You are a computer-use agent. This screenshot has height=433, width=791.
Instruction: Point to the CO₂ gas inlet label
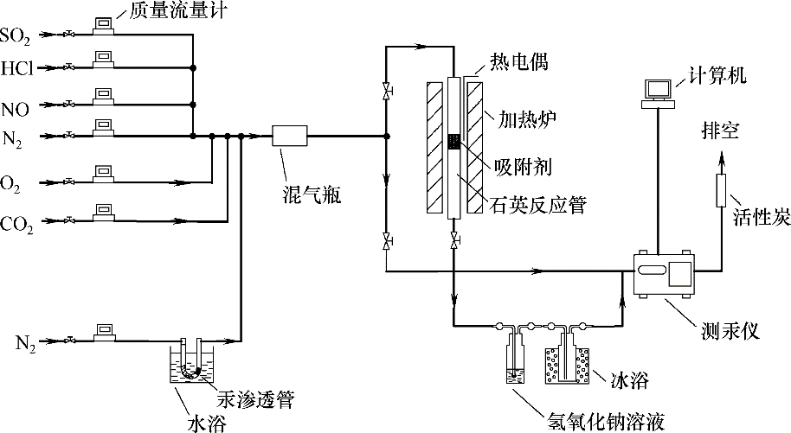click(x=16, y=225)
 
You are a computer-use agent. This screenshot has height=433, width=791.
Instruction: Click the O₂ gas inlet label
click(x=13, y=182)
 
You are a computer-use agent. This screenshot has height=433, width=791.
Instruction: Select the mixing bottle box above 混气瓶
click(x=290, y=137)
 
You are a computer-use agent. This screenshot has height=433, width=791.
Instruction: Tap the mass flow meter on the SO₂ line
click(x=105, y=27)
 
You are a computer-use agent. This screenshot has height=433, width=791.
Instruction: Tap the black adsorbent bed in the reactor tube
click(x=454, y=142)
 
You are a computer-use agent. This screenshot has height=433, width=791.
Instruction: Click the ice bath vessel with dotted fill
click(x=566, y=365)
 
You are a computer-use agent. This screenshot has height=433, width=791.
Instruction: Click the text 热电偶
click(x=517, y=61)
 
